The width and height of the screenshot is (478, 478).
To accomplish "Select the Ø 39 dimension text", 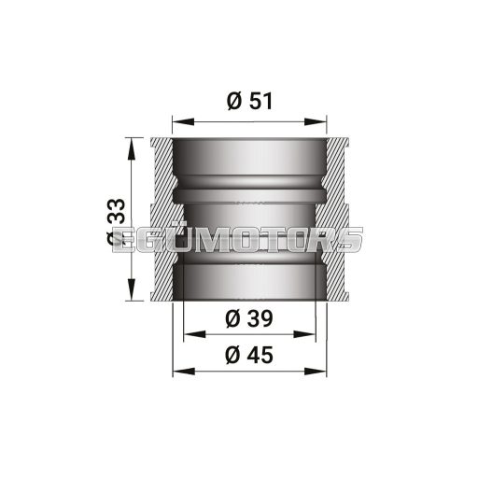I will [x=248, y=318].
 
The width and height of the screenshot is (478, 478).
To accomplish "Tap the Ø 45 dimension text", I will [x=248, y=355].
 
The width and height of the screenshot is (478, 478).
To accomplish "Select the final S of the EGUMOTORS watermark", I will [x=351, y=239].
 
